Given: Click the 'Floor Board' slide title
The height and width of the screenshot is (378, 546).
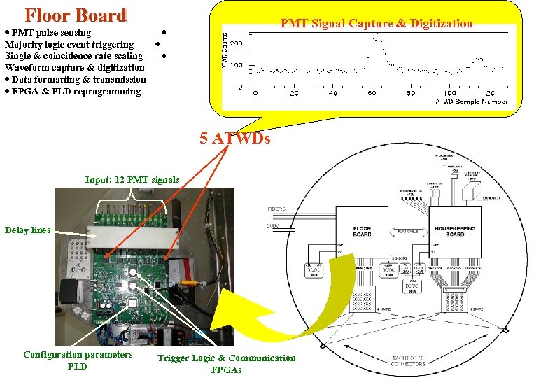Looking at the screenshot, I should point(76,15).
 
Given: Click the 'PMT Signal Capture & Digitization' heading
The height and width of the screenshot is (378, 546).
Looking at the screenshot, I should point(376,24).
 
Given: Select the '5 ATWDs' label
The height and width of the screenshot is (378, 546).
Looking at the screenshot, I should point(234,139).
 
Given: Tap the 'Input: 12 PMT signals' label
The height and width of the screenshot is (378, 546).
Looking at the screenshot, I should point(132,179).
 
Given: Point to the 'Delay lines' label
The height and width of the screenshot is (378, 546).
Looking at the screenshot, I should point(27,230).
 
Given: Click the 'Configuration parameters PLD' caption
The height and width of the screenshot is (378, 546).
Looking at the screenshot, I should point(78,360).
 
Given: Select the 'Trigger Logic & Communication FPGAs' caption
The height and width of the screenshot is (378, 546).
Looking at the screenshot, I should point(226,363).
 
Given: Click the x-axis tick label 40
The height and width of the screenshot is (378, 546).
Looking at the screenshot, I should point(332,93).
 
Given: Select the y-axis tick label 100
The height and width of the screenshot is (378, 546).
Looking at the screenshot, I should point(236,66).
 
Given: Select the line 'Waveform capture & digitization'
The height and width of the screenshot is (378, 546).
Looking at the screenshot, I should point(75,67).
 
